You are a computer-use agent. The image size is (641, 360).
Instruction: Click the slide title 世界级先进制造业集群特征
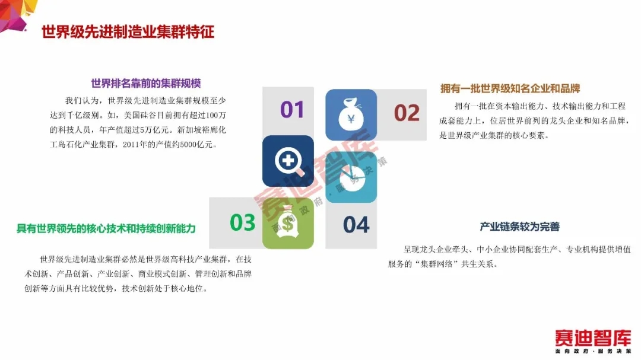pos(128,32)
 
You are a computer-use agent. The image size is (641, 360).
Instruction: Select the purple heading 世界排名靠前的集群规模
pos(146,84)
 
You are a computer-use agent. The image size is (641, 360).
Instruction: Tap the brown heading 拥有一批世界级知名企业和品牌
pos(510,89)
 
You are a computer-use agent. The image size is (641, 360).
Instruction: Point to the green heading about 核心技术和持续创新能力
pos(106,228)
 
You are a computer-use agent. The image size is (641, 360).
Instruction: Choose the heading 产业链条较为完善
pos(519,227)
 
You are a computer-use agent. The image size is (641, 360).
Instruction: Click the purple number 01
pos(292,110)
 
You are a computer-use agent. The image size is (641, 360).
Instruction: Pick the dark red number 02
pos(407,113)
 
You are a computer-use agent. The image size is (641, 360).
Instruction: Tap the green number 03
pos(242,222)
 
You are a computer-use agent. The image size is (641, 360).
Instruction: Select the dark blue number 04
pos(356,225)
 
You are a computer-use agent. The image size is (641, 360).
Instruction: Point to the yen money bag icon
pos(351,115)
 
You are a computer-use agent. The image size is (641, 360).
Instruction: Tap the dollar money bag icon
pos(288,222)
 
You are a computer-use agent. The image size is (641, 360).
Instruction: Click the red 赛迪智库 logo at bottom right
pos(593,338)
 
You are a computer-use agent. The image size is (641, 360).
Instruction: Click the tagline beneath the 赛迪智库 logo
pos(593,352)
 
